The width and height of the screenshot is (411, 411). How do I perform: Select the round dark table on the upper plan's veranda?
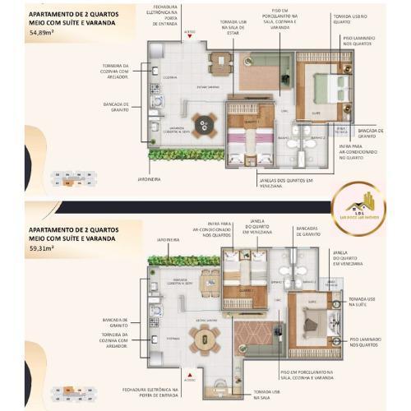(207, 124)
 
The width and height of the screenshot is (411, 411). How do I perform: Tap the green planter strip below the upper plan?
(186, 154)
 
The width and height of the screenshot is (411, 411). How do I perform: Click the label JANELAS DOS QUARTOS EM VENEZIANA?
(262, 183)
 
